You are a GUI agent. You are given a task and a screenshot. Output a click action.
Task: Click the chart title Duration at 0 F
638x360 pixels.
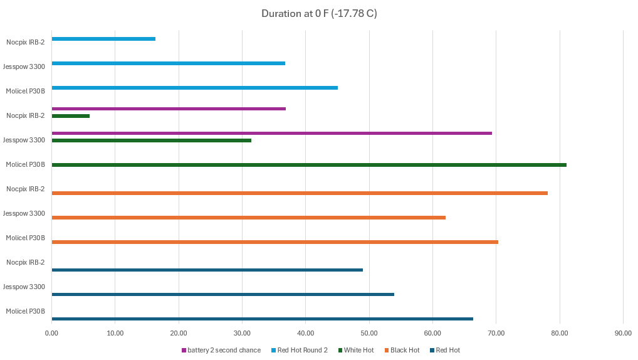click(319, 13)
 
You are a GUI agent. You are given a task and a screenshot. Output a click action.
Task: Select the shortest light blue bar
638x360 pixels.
click(103, 39)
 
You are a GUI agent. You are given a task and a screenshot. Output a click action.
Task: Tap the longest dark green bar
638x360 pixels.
click(309, 165)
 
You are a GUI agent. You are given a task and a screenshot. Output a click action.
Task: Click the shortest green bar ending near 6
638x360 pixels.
click(71, 116)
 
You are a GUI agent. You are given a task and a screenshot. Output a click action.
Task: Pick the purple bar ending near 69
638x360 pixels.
click(271, 133)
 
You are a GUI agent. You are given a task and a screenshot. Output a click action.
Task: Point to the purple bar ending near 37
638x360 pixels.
click(169, 109)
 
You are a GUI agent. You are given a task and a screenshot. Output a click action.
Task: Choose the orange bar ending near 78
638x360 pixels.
click(300, 193)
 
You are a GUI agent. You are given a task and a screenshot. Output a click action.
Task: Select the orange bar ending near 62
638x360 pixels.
click(248, 218)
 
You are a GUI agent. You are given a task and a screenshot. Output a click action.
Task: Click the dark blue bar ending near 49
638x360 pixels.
click(207, 270)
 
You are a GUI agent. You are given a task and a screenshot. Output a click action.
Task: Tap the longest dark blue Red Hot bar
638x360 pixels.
click(262, 319)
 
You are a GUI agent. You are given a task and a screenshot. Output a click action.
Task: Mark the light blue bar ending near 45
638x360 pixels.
click(194, 88)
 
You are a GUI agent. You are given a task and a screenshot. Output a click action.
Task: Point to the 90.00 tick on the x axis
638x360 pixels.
click(622, 333)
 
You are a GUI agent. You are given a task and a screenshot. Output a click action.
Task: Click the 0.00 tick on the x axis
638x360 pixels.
click(52, 333)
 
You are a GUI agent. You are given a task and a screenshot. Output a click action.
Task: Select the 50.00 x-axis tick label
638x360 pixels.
click(369, 333)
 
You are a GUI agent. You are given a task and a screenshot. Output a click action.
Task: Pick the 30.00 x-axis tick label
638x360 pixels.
click(242, 333)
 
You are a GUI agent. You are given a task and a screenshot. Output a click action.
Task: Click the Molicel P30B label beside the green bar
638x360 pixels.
click(25, 164)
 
